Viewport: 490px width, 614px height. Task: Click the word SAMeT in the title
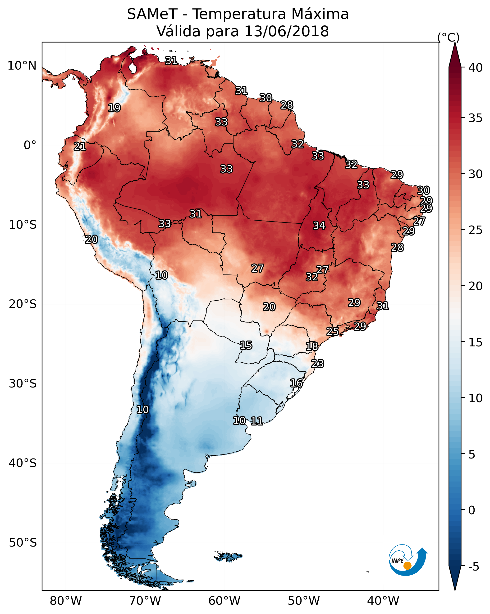point(152,14)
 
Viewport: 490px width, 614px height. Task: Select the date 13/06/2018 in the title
point(286,31)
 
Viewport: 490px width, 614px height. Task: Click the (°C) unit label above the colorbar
point(448,38)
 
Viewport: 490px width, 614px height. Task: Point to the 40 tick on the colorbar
point(475,68)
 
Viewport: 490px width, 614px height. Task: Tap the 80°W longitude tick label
point(66,601)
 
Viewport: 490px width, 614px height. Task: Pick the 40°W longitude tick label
point(383,601)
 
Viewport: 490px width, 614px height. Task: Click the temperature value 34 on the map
point(319,226)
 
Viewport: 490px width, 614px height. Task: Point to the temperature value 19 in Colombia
point(114,108)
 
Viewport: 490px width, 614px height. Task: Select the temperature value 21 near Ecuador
point(80,147)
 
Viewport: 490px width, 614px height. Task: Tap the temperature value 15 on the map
point(246,345)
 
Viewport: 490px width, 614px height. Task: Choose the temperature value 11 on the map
point(256,421)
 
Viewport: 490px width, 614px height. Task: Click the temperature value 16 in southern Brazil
point(296,383)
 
